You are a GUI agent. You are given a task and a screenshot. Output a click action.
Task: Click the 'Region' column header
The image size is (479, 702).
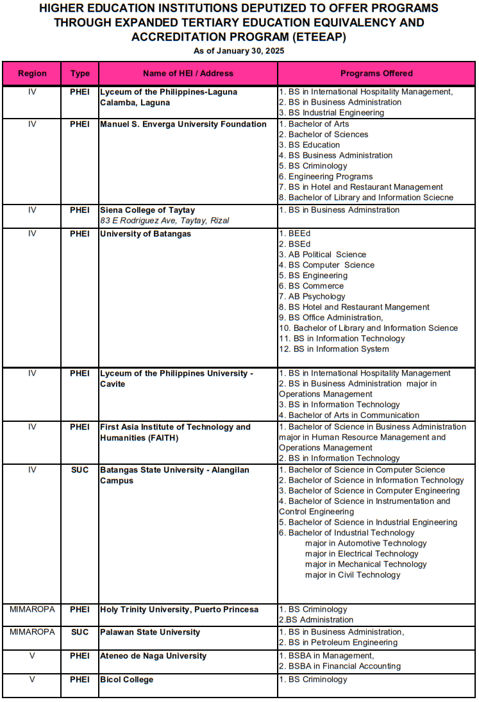coord(32,74)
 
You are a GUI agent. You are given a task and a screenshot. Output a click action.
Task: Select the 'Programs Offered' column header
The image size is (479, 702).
coord(376,74)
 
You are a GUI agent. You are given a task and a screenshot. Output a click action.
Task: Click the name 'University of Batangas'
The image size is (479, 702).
coord(146,234)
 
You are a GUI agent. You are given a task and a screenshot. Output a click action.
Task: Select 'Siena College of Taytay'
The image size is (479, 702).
coord(147,210)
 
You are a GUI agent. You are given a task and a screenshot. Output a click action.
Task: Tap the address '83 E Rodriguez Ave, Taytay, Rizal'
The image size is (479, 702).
coord(164,221)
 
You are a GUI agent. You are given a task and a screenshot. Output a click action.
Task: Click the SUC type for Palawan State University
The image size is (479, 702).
coord(80,632)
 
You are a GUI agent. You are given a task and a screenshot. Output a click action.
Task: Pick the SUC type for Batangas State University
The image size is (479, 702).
coord(80,470)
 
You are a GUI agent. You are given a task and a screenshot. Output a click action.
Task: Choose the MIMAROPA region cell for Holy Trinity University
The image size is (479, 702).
coord(32,609)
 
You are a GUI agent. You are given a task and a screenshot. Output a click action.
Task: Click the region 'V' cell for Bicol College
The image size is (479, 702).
coord(32,680)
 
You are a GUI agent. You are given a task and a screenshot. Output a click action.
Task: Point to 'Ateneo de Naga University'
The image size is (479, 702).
coord(153,656)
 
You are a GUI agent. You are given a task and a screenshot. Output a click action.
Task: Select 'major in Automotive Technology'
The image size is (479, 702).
coord(366,543)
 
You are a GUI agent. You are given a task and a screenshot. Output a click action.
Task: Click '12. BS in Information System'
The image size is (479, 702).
coord(333,349)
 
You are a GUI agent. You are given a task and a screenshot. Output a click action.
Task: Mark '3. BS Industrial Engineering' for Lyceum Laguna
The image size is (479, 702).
coord(331,113)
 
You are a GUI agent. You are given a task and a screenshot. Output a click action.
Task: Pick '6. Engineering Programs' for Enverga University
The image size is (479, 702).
coord(325,176)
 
